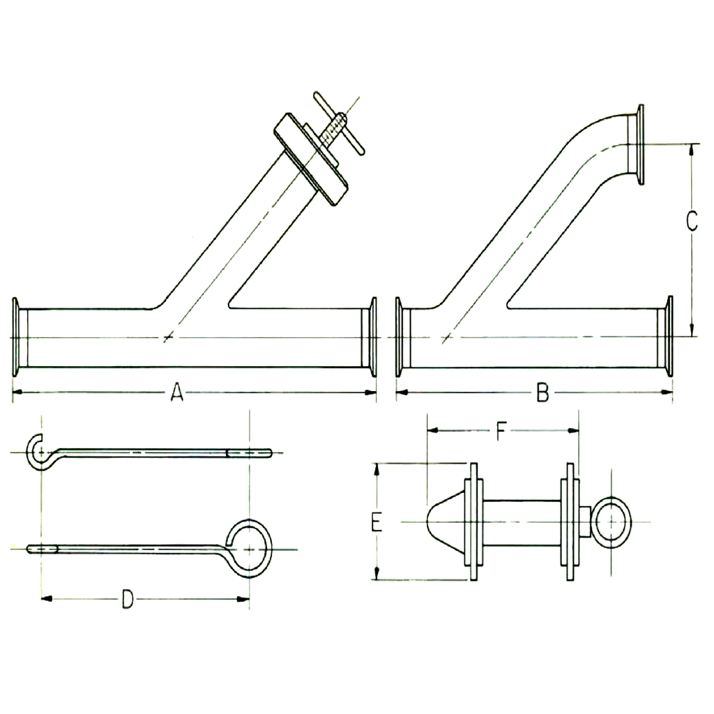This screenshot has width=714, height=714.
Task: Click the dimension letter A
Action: (x=177, y=394)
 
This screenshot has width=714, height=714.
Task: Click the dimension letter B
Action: (x=542, y=395)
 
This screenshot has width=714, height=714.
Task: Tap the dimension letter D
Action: (x=127, y=598)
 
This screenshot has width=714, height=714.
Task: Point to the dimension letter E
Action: (x=377, y=522)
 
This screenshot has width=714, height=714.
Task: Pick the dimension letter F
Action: (x=501, y=432)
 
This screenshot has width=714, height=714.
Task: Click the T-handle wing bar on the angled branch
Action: (x=337, y=123)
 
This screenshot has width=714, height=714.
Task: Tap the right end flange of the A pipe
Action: (x=374, y=337)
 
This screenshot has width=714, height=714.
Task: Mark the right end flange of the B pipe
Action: (x=669, y=337)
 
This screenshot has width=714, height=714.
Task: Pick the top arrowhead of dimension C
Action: (x=692, y=149)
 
